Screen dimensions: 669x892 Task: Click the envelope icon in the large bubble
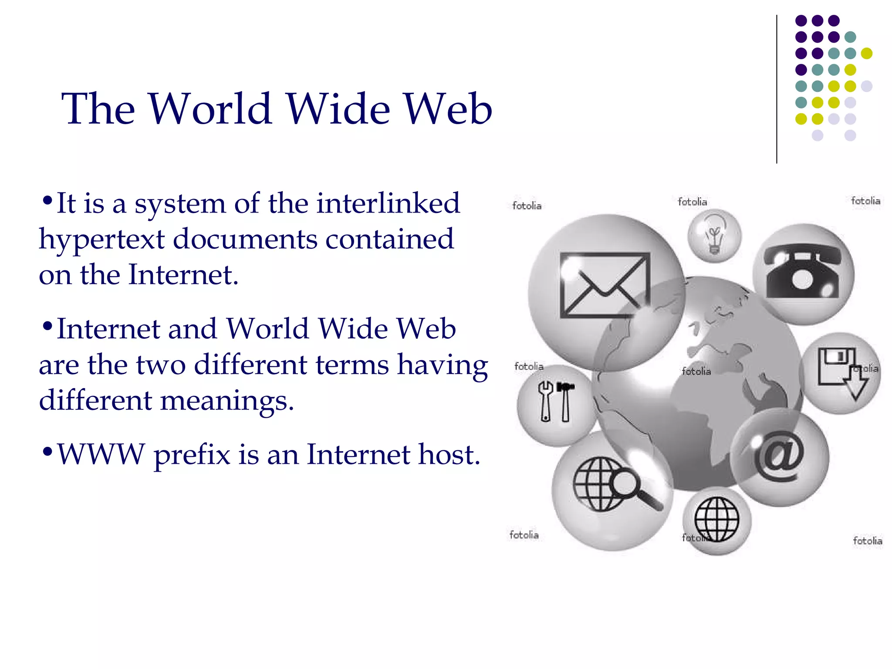tap(605, 285)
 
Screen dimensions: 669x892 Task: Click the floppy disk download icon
tap(841, 372)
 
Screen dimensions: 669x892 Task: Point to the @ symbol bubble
tap(780, 456)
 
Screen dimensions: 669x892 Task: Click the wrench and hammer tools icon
tap(556, 402)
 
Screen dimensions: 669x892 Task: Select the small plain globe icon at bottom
tap(716, 519)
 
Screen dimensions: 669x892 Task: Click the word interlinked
tap(388, 203)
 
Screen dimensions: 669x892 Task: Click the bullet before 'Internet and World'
tap(47, 326)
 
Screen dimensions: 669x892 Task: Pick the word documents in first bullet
tap(245, 239)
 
